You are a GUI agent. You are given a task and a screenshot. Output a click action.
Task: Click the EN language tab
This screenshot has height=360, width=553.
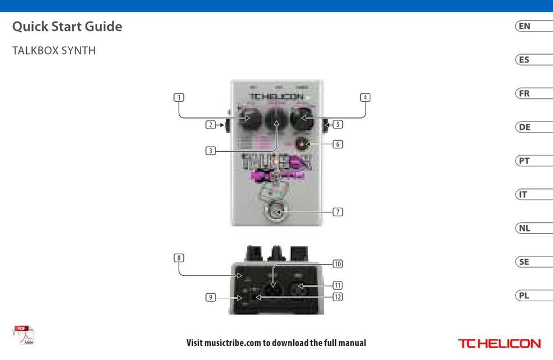pos(526,26)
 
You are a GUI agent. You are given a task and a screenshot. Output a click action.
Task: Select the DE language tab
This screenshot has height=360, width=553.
pos(526,127)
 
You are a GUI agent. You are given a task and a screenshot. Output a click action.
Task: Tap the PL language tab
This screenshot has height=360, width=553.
pos(525,295)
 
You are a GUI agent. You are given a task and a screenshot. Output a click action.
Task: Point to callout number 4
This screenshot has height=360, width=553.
pos(365,98)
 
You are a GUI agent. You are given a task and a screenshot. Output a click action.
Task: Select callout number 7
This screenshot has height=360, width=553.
pos(338,212)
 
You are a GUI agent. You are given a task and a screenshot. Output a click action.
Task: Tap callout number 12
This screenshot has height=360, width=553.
pos(338,297)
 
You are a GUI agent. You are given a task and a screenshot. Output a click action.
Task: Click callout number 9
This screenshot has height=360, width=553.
pos(211,297)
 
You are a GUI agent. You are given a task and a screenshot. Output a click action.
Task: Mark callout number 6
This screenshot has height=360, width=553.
pos(338,144)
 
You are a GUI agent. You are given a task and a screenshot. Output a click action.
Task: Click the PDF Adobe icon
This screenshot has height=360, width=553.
pos(24,336)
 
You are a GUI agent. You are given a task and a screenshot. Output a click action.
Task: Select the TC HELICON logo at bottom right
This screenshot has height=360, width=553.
pos(499,344)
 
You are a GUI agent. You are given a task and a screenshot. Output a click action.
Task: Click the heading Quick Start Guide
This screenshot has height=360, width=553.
pos(67,26)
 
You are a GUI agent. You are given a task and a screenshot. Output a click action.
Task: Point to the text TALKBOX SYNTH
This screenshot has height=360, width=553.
pos(54,51)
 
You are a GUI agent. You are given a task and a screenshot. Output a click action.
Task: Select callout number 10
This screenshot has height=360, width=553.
pos(338,264)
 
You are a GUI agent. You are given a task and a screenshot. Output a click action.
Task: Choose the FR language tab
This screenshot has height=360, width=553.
pos(525,94)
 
